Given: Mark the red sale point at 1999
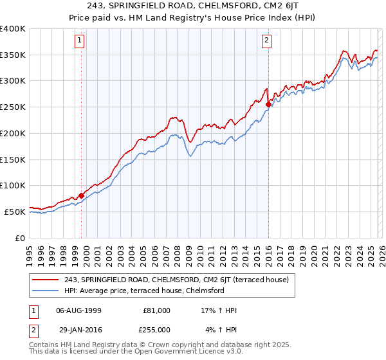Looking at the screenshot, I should (x=81, y=195).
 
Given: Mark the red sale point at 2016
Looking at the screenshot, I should (x=268, y=103).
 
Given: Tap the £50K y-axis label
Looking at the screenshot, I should (x=15, y=212).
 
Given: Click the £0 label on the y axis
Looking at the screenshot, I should (x=21, y=238).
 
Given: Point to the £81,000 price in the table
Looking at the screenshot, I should (x=156, y=310).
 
